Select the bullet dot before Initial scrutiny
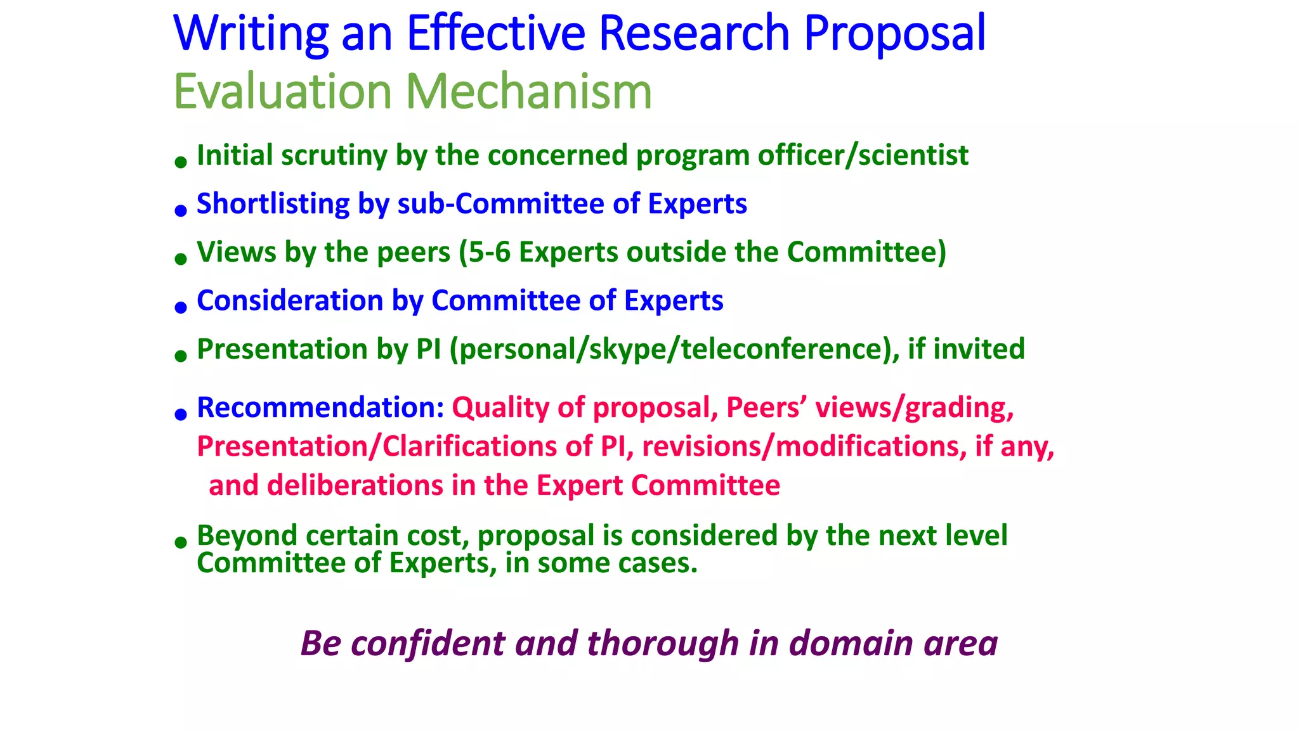pos(181,163)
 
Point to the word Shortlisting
pos(273,204)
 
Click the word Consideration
pos(290,300)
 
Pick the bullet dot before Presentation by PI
pos(181,356)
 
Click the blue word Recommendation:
pos(320,407)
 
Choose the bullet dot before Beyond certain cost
pos(181,542)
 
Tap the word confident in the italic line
pos(428,643)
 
